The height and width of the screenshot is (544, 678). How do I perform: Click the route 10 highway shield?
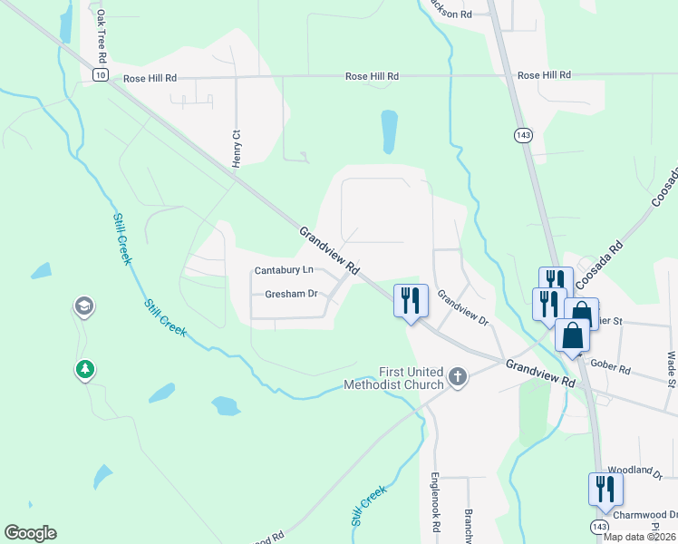(100, 73)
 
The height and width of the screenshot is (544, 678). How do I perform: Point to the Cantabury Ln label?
(284, 270)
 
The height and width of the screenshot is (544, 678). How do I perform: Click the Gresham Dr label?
(291, 294)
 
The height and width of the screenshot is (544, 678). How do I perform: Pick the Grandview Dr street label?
(463, 308)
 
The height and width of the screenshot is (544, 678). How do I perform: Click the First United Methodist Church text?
(394, 378)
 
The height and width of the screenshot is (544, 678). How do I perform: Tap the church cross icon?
(458, 377)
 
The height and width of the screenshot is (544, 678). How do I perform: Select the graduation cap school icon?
(84, 307)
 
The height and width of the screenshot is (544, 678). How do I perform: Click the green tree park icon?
(85, 369)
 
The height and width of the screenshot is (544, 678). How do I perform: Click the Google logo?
(30, 533)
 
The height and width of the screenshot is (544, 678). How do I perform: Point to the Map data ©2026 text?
(640, 537)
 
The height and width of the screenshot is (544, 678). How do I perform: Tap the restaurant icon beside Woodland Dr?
(605, 490)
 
